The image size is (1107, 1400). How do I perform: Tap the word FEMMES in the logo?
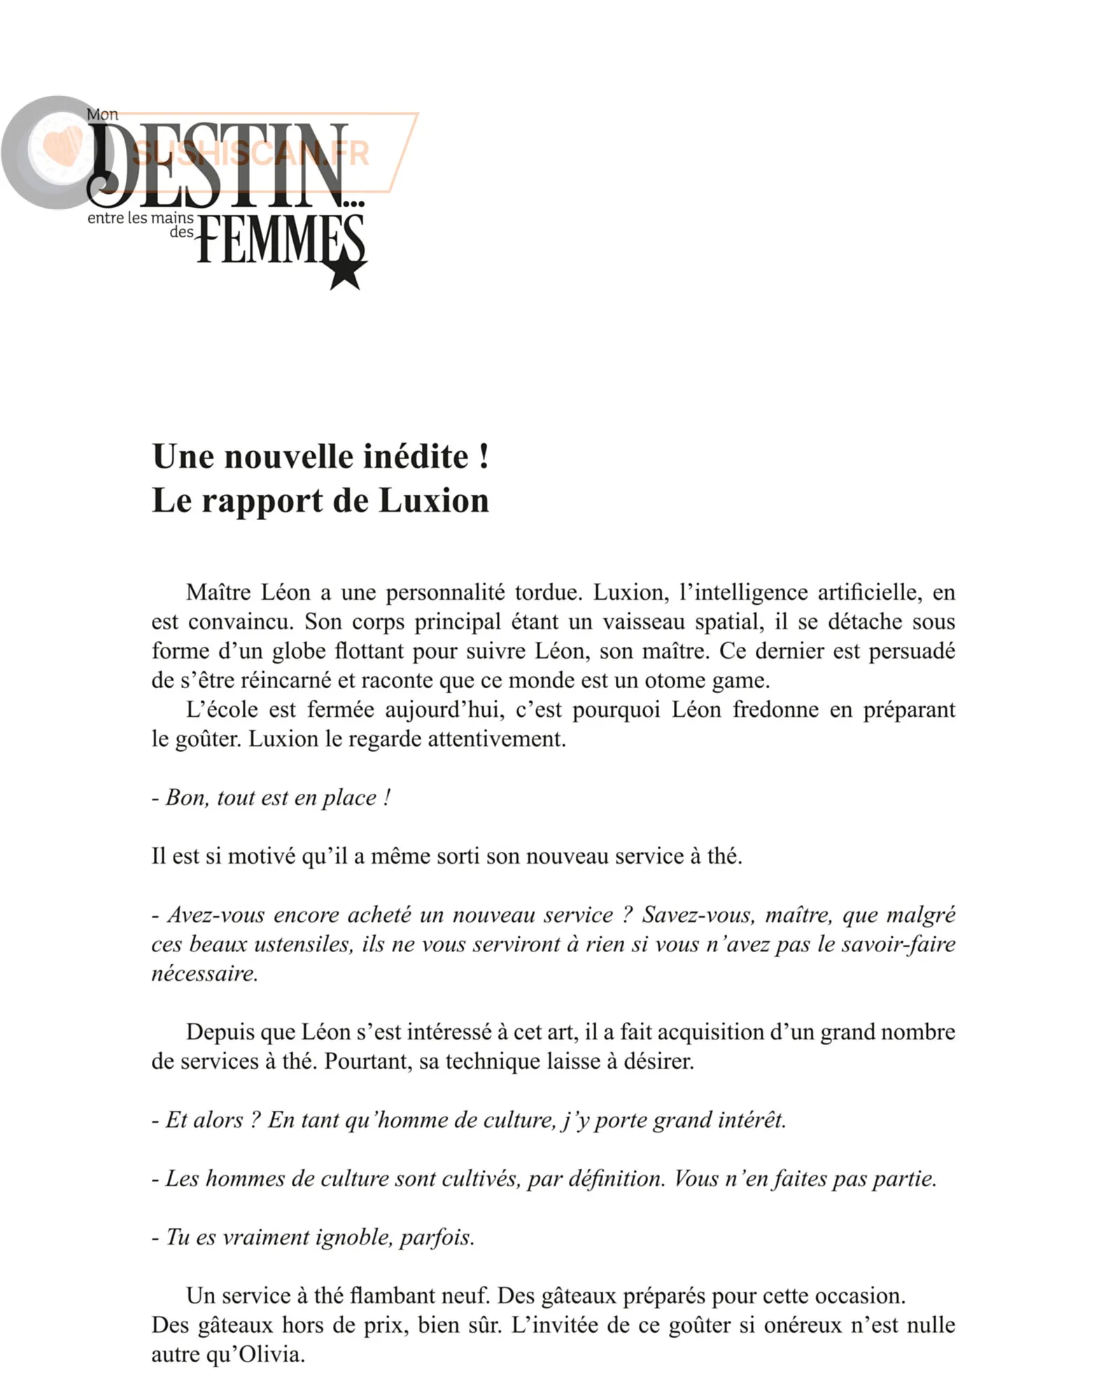[x=280, y=239]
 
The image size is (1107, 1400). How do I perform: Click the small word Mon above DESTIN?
[x=102, y=114]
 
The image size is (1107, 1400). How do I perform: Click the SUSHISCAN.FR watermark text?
[x=251, y=153]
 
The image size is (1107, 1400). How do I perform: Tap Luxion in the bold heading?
[x=434, y=501]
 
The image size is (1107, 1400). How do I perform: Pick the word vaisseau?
[x=644, y=622]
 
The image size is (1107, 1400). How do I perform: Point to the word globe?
[x=298, y=651]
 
